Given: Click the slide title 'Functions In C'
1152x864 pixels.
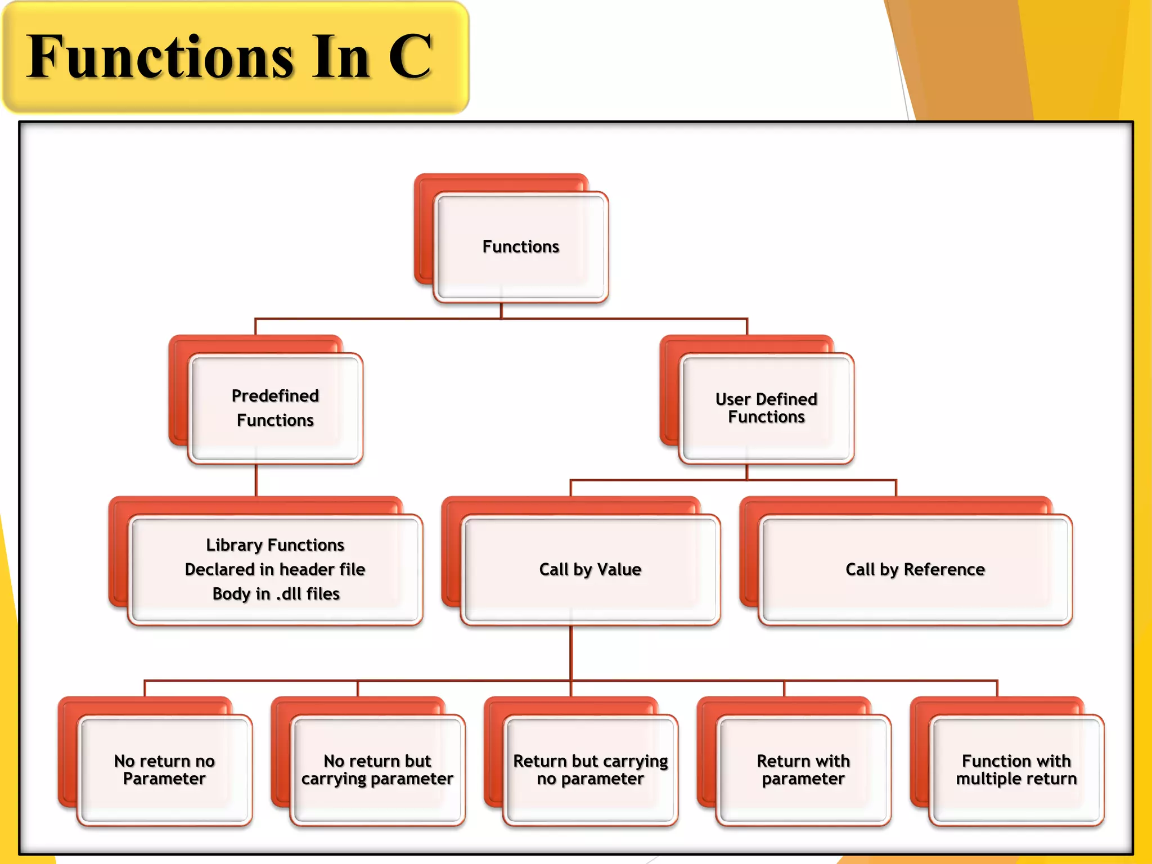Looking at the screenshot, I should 229,56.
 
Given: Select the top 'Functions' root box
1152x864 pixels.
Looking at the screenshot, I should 521,246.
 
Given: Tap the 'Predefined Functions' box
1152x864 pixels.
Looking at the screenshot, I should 275,408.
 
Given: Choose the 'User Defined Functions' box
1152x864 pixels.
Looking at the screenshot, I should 766,408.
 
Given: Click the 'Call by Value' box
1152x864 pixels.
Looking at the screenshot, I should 590,569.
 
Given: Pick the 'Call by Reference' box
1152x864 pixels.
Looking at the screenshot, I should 915,569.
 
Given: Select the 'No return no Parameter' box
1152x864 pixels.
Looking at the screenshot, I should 164,769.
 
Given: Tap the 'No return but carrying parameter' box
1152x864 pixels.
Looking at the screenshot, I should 377,769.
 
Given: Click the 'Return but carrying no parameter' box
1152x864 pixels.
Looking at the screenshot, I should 590,769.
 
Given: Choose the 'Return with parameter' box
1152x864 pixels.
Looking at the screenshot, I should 803,769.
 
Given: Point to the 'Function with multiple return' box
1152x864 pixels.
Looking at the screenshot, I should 1016,769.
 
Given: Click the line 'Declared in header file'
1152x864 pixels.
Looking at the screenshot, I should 275,569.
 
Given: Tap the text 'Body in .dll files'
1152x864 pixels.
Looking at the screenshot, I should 276,594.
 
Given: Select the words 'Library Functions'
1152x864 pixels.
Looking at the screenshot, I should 275,545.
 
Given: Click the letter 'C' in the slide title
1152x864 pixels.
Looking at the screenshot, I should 411,56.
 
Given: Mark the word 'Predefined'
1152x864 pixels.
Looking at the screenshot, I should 275,395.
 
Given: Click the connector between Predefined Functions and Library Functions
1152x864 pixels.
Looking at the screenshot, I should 256,480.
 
